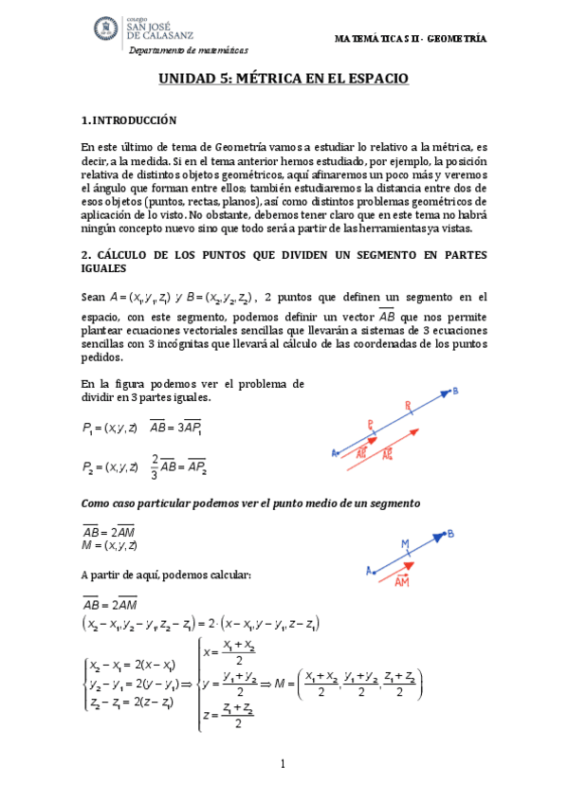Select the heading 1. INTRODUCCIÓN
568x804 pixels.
click(129, 120)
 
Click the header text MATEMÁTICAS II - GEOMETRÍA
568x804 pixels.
click(411, 39)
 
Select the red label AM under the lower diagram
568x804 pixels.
click(401, 582)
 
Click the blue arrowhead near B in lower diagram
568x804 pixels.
click(438, 537)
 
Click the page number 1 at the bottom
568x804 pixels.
click(283, 764)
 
